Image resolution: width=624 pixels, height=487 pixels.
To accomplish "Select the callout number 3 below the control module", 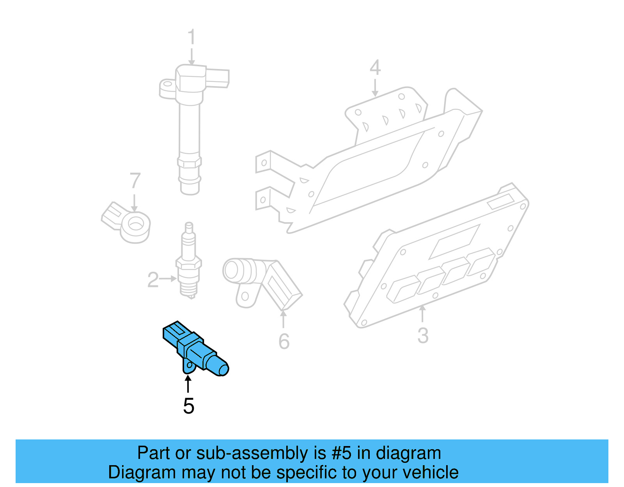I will pos(423,335).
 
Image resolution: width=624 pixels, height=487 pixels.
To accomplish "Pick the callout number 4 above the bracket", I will pos(375,67).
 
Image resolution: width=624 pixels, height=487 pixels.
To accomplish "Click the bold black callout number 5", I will pos(188,406).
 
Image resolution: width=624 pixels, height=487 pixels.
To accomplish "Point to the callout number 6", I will pos(284,342).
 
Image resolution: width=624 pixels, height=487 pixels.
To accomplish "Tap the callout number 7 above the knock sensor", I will pos(135,181).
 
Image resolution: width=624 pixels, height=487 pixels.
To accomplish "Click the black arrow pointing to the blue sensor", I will pos(188,384).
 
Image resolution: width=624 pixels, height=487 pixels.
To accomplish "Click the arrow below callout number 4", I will pos(375,88).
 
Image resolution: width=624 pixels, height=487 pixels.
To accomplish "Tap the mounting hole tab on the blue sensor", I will pos(188,367).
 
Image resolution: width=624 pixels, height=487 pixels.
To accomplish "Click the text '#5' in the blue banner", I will pos(341,453).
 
